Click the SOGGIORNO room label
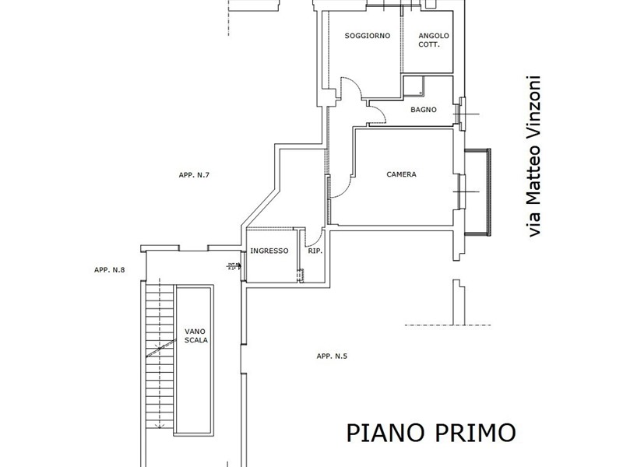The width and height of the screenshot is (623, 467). click(x=367, y=36)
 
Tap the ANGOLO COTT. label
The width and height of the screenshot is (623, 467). click(x=433, y=40)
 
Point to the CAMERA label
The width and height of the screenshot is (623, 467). click(x=401, y=174)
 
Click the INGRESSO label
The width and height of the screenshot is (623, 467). click(x=269, y=251)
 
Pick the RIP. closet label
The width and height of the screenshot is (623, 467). click(x=315, y=251)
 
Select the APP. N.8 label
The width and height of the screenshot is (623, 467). click(x=110, y=270)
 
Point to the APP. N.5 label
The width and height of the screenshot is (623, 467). click(x=332, y=356)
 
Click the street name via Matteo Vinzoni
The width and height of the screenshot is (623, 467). click(x=533, y=156)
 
